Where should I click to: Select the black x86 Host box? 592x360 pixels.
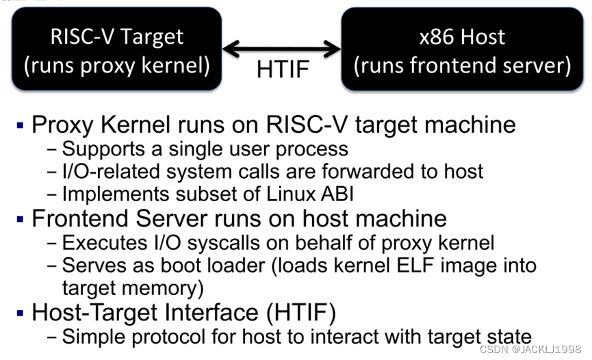pyautogui.click(x=462, y=49)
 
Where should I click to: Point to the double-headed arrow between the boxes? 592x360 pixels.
pyautogui.click(x=282, y=49)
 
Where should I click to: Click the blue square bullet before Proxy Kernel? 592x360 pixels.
pyautogui.click(x=20, y=125)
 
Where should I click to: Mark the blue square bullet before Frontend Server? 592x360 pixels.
pyautogui.click(x=20, y=220)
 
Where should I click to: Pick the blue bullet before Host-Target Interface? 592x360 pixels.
pyautogui.click(x=20, y=313)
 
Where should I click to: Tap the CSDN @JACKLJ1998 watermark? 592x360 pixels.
pyautogui.click(x=530, y=349)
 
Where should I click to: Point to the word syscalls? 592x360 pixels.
pyautogui.click(x=205, y=242)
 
